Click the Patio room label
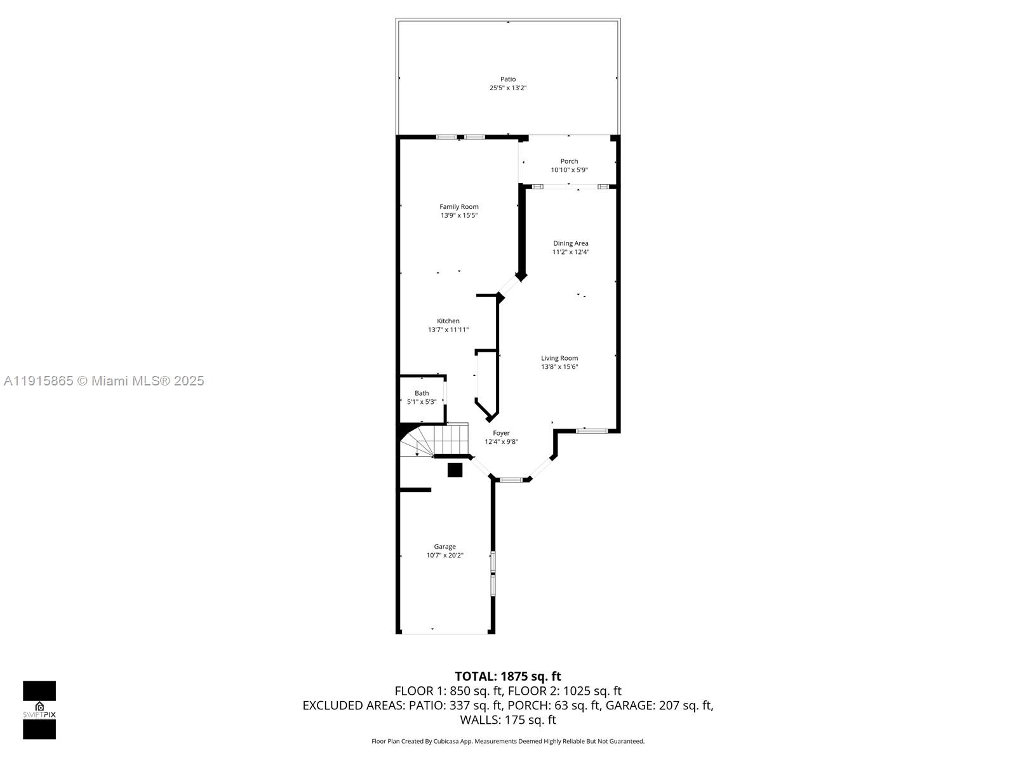(507, 79)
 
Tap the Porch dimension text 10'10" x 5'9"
(569, 170)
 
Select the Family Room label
(458, 206)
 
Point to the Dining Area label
(570, 243)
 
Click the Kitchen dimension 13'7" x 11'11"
(448, 330)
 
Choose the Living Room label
(559, 358)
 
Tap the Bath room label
(422, 393)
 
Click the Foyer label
(501, 433)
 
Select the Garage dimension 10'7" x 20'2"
(444, 555)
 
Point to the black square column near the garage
(455, 470)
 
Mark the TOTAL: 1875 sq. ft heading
(507, 676)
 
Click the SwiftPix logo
(39, 710)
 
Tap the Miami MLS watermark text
(104, 381)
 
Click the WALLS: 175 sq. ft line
(507, 719)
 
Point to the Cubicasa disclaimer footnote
(507, 741)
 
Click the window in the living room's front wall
(592, 431)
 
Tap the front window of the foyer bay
(511, 479)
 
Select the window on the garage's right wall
(493, 573)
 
